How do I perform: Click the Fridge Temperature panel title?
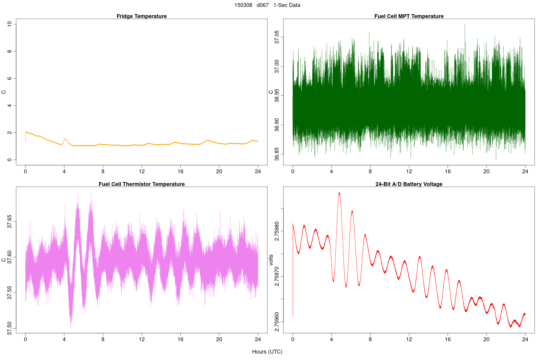(x=142, y=16)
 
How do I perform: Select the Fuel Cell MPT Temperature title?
(x=409, y=16)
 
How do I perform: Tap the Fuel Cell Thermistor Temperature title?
(x=142, y=184)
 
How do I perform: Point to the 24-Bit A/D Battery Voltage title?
(x=409, y=184)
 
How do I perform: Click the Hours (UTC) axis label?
(x=267, y=352)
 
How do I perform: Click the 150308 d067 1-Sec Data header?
(x=267, y=5)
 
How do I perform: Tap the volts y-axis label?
(x=271, y=260)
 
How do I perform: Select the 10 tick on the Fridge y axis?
(x=10, y=24)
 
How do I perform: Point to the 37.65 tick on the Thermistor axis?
(x=10, y=221)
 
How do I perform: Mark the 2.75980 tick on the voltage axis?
(x=277, y=231)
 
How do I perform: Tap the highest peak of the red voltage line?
(x=339, y=193)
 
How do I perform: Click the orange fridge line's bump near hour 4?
(x=65, y=139)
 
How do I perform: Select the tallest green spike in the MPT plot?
(x=465, y=25)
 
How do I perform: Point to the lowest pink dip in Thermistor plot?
(x=71, y=327)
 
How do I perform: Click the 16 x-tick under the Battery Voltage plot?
(x=448, y=339)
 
